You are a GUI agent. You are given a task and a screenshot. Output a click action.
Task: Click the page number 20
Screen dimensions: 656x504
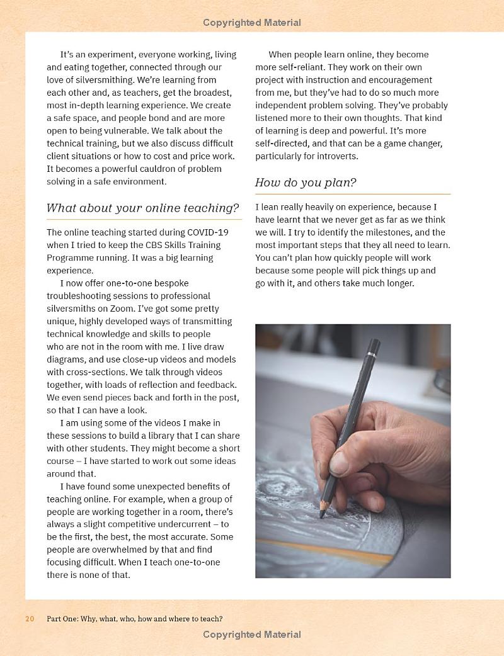[x=30, y=619]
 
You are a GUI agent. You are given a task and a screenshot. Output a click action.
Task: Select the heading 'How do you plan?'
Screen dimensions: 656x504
[x=306, y=183]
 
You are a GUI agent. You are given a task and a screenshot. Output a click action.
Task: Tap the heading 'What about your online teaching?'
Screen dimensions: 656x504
[x=143, y=208]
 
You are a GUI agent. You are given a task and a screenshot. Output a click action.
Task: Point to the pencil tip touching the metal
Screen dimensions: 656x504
[x=321, y=514]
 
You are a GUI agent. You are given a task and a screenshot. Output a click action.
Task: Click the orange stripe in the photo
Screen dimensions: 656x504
[x=328, y=551]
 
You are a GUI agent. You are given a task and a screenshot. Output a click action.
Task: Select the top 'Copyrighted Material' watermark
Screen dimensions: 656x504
[x=252, y=23]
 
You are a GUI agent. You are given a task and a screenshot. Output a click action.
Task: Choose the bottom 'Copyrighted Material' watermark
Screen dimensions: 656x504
[x=252, y=635]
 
